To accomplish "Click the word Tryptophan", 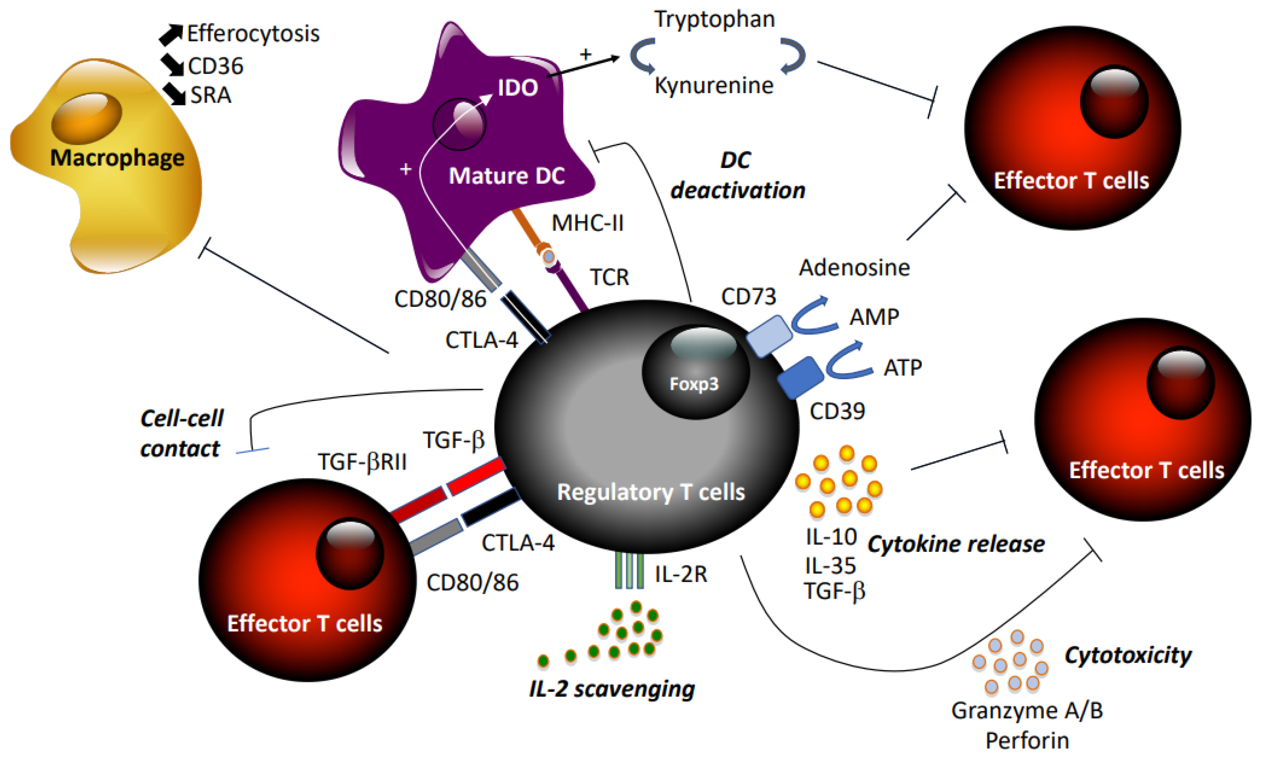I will coord(714,19).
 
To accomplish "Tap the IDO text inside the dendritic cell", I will coord(518,88).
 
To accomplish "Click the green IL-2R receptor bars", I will coord(629,570).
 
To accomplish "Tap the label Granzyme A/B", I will coord(1027,711).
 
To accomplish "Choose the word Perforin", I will coord(1027,741).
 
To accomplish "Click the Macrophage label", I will coord(117,158).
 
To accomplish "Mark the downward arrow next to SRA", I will coord(175,95).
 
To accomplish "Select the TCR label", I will coord(609,277).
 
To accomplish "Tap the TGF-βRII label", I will coord(362,462).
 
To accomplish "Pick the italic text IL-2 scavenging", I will coord(612,689).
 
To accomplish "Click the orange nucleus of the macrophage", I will coord(86,116).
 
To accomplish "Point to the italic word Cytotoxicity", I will coord(1128,655).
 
